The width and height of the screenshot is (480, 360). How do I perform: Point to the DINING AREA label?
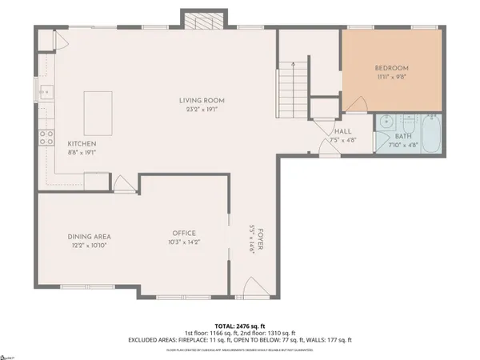(88, 237)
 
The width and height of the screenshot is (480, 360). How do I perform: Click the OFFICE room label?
(184, 233)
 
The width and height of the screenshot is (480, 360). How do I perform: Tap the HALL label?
(343, 131)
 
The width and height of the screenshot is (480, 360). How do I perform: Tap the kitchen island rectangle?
(98, 106)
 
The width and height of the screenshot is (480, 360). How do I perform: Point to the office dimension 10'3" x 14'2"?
(184, 242)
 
